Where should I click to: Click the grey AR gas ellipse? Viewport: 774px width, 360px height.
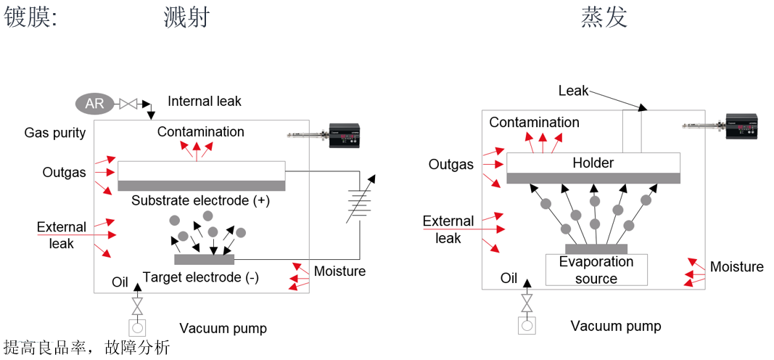click(x=95, y=103)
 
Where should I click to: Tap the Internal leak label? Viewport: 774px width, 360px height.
click(x=205, y=101)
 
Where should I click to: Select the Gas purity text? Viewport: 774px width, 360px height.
click(x=55, y=133)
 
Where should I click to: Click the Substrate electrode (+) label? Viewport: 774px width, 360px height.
click(x=200, y=200)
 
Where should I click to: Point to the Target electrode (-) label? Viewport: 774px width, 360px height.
click(x=201, y=277)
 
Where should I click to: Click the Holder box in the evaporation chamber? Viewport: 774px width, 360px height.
click(x=593, y=163)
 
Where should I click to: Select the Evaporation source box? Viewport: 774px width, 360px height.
click(x=596, y=269)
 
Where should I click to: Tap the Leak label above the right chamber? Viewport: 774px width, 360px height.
click(x=573, y=91)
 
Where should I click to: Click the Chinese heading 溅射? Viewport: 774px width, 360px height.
click(x=186, y=17)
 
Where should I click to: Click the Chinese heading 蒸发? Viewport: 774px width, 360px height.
click(x=604, y=17)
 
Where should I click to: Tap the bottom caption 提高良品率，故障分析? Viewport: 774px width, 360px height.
click(x=86, y=348)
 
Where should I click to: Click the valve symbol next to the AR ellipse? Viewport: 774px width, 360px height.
click(x=129, y=103)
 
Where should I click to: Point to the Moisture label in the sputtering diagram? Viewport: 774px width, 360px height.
click(x=339, y=271)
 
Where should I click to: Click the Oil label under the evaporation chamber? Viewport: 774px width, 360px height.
click(x=509, y=278)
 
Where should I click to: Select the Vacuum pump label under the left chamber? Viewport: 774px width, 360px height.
click(x=223, y=328)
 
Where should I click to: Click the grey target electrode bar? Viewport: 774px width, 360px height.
click(x=205, y=259)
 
